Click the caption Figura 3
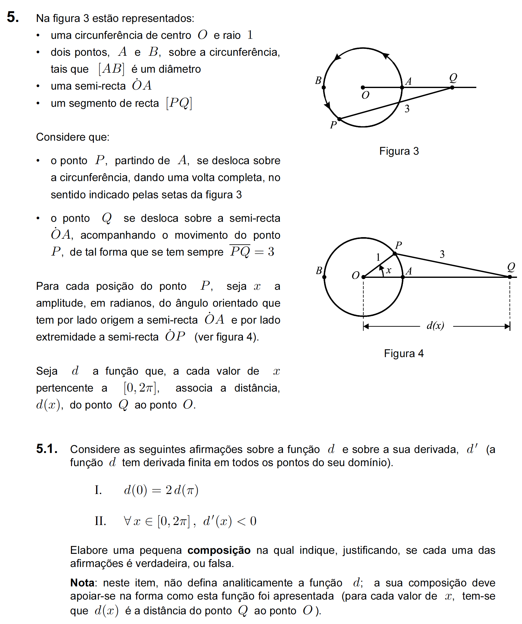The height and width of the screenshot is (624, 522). tap(399, 151)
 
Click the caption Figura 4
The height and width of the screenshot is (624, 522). tap(404, 353)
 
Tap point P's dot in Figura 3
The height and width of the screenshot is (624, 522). tap(339, 119)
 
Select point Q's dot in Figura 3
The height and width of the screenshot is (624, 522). tap(452, 87)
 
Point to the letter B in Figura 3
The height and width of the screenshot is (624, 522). tap(318, 81)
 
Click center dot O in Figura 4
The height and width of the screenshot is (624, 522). tap(363, 277)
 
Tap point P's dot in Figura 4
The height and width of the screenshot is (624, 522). tap(395, 253)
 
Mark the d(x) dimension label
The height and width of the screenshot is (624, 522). tap(435, 326)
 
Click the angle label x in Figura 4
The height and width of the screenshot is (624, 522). tap(389, 270)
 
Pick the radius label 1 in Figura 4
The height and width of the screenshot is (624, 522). tap(378, 257)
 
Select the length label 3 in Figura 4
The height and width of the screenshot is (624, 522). tap(442, 254)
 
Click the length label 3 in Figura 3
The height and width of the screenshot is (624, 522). tap(407, 109)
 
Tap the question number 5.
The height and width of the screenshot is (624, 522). tap(13, 17)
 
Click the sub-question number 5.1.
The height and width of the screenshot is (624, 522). tap(47, 449)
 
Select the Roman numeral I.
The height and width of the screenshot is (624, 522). tap(98, 490)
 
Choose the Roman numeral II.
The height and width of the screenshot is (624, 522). tap(100, 521)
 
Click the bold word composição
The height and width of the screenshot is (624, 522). tap(219, 550)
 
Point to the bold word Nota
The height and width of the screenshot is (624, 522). tap(82, 583)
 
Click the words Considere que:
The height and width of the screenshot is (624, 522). tap(73, 137)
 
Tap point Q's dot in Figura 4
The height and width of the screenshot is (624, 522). tap(509, 277)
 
